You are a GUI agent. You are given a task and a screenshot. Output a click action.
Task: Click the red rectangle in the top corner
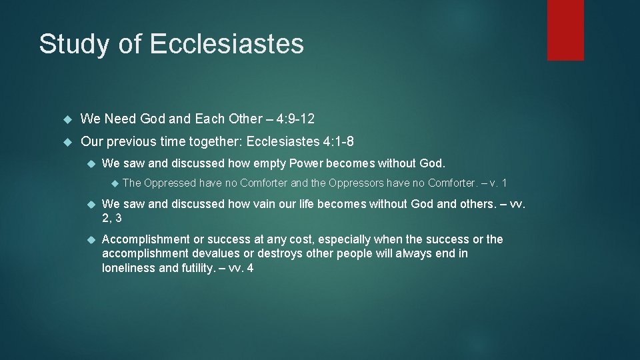[565, 30]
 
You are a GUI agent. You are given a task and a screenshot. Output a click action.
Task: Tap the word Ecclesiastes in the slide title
[227, 44]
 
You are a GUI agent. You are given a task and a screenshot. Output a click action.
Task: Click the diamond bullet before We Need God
[66, 120]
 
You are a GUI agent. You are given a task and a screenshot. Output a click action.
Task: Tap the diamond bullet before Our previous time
[66, 142]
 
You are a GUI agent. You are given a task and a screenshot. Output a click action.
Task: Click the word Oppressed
[170, 183]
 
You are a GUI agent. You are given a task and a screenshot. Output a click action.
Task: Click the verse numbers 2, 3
[112, 218]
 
